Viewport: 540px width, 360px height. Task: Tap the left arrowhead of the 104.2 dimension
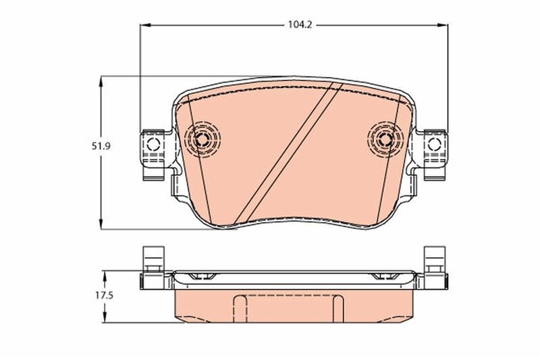pyautogui.click(x=144, y=25)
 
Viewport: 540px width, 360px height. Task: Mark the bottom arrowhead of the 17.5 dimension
pyautogui.click(x=106, y=319)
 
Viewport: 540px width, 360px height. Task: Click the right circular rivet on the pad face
pyautogui.click(x=385, y=140)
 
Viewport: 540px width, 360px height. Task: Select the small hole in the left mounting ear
pyautogui.click(x=152, y=144)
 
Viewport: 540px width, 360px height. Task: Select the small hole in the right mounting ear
pyautogui.click(x=435, y=144)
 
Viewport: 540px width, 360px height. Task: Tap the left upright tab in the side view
pyautogui.click(x=151, y=260)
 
